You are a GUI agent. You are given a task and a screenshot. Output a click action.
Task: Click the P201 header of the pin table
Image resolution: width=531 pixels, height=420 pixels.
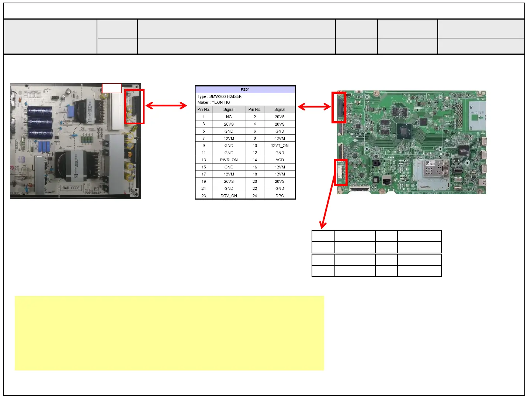point(245,89)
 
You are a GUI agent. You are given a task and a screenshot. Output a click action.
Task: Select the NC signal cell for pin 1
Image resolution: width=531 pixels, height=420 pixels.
point(229,117)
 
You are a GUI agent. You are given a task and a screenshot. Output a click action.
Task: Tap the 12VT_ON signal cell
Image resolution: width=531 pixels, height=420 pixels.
point(280,146)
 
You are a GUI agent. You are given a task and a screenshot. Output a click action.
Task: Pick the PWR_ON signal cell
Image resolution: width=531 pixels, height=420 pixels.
point(229,160)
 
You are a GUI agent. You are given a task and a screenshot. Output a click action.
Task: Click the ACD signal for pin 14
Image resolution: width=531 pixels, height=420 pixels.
point(280,160)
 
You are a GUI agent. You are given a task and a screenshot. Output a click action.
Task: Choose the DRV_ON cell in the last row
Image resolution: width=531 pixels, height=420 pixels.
point(229,196)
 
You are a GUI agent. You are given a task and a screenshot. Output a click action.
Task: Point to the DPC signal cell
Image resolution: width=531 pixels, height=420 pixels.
point(280,196)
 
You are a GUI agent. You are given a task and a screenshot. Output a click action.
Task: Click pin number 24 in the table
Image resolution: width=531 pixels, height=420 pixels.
point(255,196)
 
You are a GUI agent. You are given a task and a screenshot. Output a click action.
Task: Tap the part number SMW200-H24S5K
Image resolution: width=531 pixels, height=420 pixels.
point(225,96)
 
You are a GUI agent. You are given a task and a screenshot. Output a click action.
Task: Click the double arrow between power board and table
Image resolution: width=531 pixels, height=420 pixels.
point(166,106)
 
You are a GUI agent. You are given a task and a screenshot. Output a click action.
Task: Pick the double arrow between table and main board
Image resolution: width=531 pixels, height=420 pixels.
point(314,107)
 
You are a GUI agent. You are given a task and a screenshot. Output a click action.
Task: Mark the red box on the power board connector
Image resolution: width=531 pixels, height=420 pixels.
point(134,106)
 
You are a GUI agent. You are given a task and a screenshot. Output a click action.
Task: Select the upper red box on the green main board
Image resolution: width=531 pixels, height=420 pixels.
point(339,107)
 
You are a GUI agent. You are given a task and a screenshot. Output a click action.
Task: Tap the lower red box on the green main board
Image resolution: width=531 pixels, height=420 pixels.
point(341,172)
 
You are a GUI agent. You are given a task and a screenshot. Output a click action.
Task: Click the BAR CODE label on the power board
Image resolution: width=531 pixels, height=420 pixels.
point(71,188)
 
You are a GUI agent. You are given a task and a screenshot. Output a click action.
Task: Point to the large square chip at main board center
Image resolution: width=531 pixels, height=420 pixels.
point(404,131)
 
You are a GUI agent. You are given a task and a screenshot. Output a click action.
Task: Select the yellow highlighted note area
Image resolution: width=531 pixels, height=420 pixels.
point(169,333)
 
